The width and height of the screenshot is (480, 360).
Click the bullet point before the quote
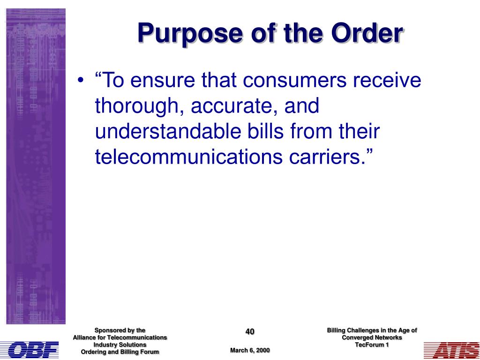[80, 81]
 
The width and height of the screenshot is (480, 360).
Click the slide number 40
[250, 331]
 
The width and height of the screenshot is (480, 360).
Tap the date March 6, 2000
[250, 350]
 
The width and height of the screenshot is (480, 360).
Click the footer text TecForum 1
[372, 345]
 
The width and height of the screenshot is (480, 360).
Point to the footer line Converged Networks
[372, 337]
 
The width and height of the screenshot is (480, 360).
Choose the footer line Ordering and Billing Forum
[120, 352]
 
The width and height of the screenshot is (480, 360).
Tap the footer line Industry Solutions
[120, 345]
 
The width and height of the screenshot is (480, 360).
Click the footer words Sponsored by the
[120, 330]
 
